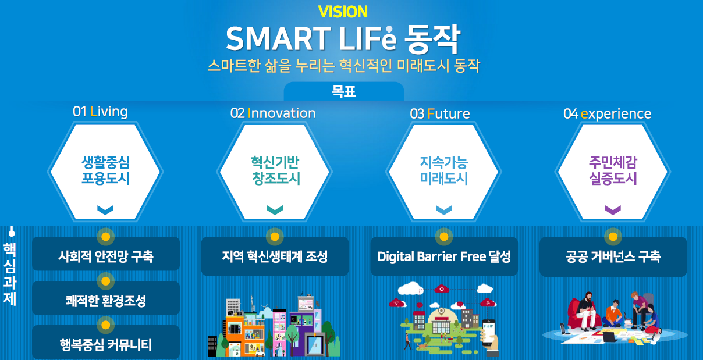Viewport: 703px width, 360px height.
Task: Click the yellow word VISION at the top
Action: click(x=343, y=12)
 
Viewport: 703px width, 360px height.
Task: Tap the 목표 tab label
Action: click(x=344, y=91)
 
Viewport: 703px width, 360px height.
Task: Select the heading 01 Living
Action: click(x=100, y=111)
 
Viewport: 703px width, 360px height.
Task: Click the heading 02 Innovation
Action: click(x=273, y=113)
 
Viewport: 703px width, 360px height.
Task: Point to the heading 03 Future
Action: click(x=440, y=113)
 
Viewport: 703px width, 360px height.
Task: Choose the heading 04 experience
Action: click(x=608, y=114)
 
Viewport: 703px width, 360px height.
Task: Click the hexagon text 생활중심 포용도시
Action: click(x=105, y=170)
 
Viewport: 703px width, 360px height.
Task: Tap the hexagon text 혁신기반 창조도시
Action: click(x=275, y=170)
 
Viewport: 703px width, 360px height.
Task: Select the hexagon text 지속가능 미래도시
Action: click(x=444, y=170)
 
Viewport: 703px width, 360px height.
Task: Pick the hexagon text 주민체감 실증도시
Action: click(x=613, y=170)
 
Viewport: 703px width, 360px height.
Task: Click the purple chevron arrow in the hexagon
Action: click(x=613, y=210)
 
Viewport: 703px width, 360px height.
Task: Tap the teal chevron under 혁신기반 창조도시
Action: click(x=275, y=210)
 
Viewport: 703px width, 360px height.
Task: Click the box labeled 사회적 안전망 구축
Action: click(x=106, y=254)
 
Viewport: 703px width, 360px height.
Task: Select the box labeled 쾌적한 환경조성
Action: click(x=106, y=298)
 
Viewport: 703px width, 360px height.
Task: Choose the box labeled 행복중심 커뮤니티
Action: click(x=106, y=342)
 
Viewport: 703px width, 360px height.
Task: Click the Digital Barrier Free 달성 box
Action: click(x=444, y=256)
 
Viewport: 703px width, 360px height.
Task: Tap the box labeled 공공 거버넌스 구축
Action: click(x=613, y=256)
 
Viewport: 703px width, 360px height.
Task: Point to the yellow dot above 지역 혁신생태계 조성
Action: click(x=275, y=237)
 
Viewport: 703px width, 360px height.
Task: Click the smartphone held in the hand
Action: click(x=489, y=333)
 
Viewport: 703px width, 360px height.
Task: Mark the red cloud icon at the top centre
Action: click(x=441, y=288)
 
